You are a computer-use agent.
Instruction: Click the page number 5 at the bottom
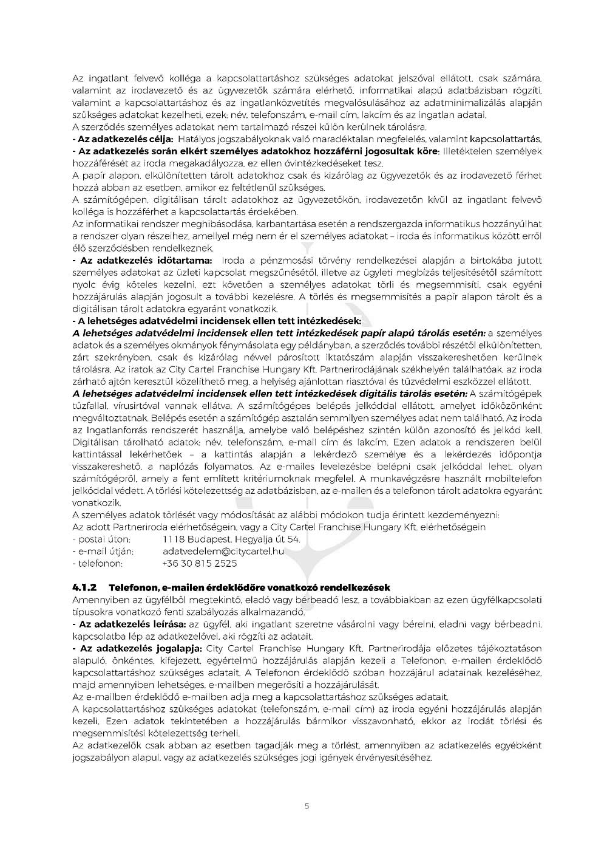[307, 806]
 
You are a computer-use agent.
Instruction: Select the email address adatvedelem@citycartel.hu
[223, 552]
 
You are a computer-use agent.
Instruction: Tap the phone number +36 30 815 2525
[200, 564]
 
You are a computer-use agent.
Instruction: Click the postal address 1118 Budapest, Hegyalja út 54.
[231, 539]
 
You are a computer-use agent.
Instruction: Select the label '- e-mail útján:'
[103, 552]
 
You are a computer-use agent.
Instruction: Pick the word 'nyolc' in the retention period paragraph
[83, 285]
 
